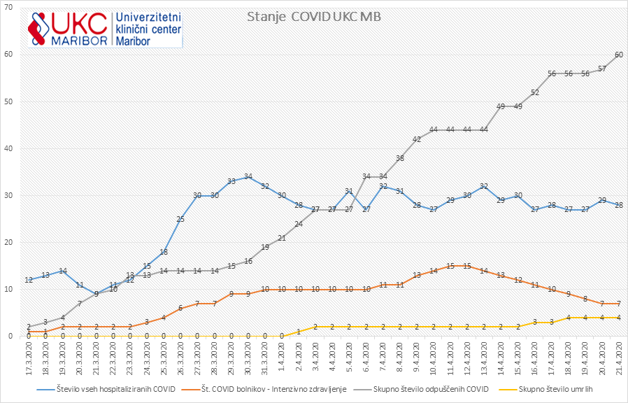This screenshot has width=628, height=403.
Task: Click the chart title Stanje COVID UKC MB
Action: (x=314, y=17)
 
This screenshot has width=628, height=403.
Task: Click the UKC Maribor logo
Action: (x=105, y=28)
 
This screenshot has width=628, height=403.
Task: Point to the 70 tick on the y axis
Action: (x=10, y=8)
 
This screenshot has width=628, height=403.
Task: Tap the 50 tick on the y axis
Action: (x=10, y=101)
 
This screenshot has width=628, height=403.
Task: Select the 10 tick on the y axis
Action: (x=10, y=289)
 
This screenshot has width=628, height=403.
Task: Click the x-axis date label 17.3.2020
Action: (x=29, y=358)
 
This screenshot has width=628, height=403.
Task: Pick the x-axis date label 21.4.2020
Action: (x=619, y=358)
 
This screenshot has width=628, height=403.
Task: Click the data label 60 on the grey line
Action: (x=619, y=55)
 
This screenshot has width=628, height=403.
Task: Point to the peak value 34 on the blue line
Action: (x=248, y=176)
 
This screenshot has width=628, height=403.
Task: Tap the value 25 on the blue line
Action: (x=180, y=219)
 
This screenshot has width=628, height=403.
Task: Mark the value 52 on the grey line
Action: (x=535, y=92)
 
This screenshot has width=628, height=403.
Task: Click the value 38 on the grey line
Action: (x=400, y=158)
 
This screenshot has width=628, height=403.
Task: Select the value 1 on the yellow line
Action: (x=299, y=332)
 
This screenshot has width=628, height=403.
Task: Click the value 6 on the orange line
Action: (x=180, y=308)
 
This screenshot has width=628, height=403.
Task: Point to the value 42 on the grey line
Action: (x=417, y=139)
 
